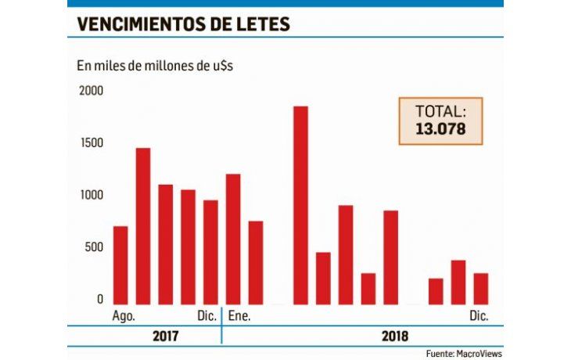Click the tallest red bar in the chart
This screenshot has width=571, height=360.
point(300,205)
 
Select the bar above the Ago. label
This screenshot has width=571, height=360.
point(120,265)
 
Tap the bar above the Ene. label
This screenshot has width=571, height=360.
point(233,239)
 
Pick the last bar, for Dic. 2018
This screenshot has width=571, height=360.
point(481,288)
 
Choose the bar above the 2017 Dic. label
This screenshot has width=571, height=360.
point(210,252)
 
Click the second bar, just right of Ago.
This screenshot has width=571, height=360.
point(143,225)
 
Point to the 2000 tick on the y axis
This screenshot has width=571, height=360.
point(91,91)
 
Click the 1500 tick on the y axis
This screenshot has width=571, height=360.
point(91,143)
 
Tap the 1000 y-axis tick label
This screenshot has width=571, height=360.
point(91,196)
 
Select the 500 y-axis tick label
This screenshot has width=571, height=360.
point(94,247)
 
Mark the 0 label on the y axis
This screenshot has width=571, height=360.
point(99,299)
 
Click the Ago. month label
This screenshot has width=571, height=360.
point(124,316)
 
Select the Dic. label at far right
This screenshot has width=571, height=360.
point(479,316)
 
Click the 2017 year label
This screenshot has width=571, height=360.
point(165,336)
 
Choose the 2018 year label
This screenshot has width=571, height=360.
point(395,336)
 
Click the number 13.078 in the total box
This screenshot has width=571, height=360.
point(440,128)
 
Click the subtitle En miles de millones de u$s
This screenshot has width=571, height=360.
point(154,65)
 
